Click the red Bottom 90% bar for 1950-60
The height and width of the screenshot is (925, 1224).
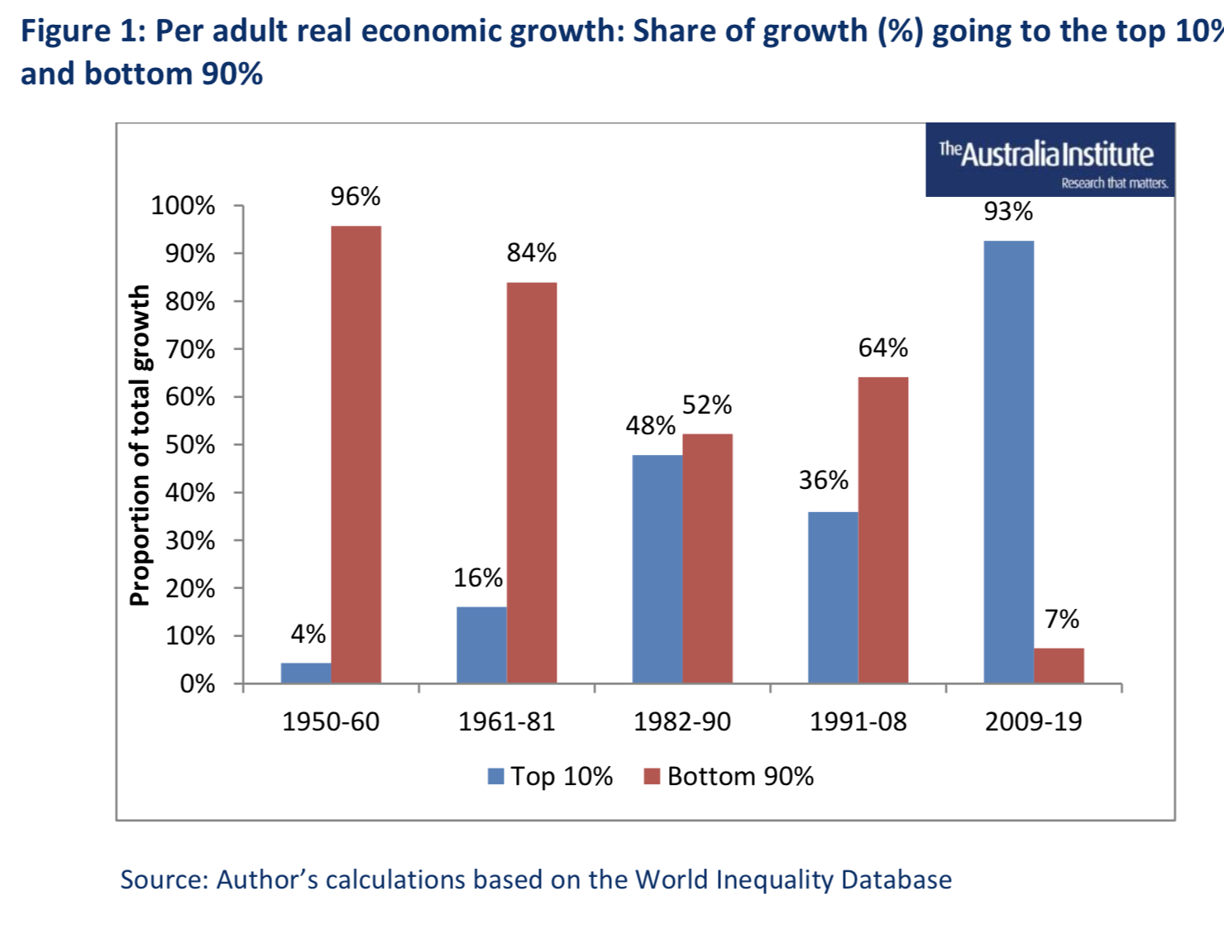coord(356,454)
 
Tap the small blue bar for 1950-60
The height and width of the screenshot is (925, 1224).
coord(306,673)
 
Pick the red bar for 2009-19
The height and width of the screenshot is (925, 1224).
coord(1059,665)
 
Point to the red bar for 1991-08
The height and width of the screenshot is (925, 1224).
coord(882,530)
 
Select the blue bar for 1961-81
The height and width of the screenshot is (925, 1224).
coord(481,645)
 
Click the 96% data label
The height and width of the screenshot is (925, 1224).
coord(356,197)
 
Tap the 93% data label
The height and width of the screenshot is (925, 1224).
coord(1008,212)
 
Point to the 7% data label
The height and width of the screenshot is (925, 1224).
coord(1062,619)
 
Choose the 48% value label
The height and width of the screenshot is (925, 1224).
coord(650,425)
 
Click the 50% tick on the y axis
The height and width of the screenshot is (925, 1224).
coord(190,445)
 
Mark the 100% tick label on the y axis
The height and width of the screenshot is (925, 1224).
coord(183,206)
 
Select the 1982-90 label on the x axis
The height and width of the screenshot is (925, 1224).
coord(682,721)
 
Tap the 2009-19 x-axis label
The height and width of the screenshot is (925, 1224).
coord(1033,721)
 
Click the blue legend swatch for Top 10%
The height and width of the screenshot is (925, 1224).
coord(496,776)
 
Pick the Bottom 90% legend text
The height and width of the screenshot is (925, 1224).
coord(740,776)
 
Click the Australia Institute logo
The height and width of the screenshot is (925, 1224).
coord(1049,160)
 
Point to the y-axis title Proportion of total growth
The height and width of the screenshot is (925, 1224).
coord(140,445)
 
